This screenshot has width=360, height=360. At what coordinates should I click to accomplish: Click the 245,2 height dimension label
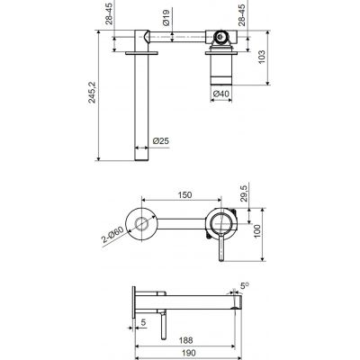[92, 93]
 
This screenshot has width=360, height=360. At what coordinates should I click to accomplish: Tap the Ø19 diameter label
[166, 17]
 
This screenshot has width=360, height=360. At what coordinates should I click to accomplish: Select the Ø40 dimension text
[221, 94]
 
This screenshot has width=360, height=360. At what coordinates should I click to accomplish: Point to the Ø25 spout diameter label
[161, 140]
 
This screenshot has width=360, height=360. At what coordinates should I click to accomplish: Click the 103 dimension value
[262, 57]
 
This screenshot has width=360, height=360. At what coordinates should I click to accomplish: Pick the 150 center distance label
[184, 195]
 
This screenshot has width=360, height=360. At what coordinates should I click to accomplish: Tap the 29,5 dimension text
[244, 193]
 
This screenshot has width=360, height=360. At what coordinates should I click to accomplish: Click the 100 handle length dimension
[258, 231]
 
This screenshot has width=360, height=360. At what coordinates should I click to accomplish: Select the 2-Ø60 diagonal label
[112, 235]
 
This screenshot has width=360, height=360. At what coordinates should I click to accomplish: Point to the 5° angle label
[244, 285]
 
